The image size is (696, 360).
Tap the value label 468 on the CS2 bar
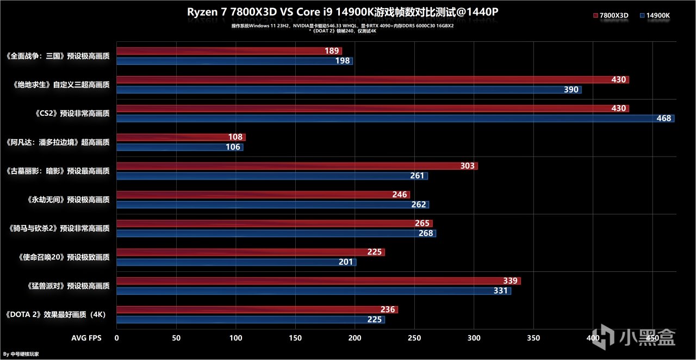(x=664, y=118)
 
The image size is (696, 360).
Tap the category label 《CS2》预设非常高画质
(x=72, y=114)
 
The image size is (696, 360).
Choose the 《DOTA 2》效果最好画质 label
(x=55, y=314)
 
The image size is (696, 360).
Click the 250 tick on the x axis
(x=414, y=338)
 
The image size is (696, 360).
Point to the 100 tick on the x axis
(x=235, y=338)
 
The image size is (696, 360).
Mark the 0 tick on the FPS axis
(x=116, y=338)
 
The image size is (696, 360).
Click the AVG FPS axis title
(x=86, y=338)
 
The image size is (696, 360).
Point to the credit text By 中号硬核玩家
(x=21, y=354)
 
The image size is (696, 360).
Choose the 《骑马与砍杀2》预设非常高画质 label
(x=60, y=228)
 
